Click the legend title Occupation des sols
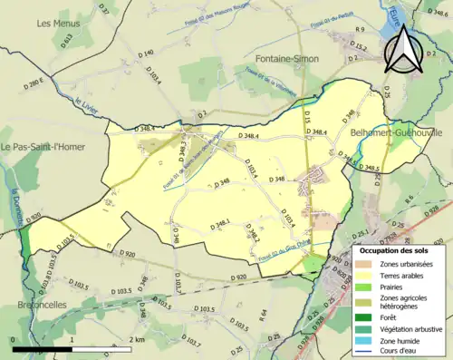(x=394, y=249)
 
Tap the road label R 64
(x=260, y=315)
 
